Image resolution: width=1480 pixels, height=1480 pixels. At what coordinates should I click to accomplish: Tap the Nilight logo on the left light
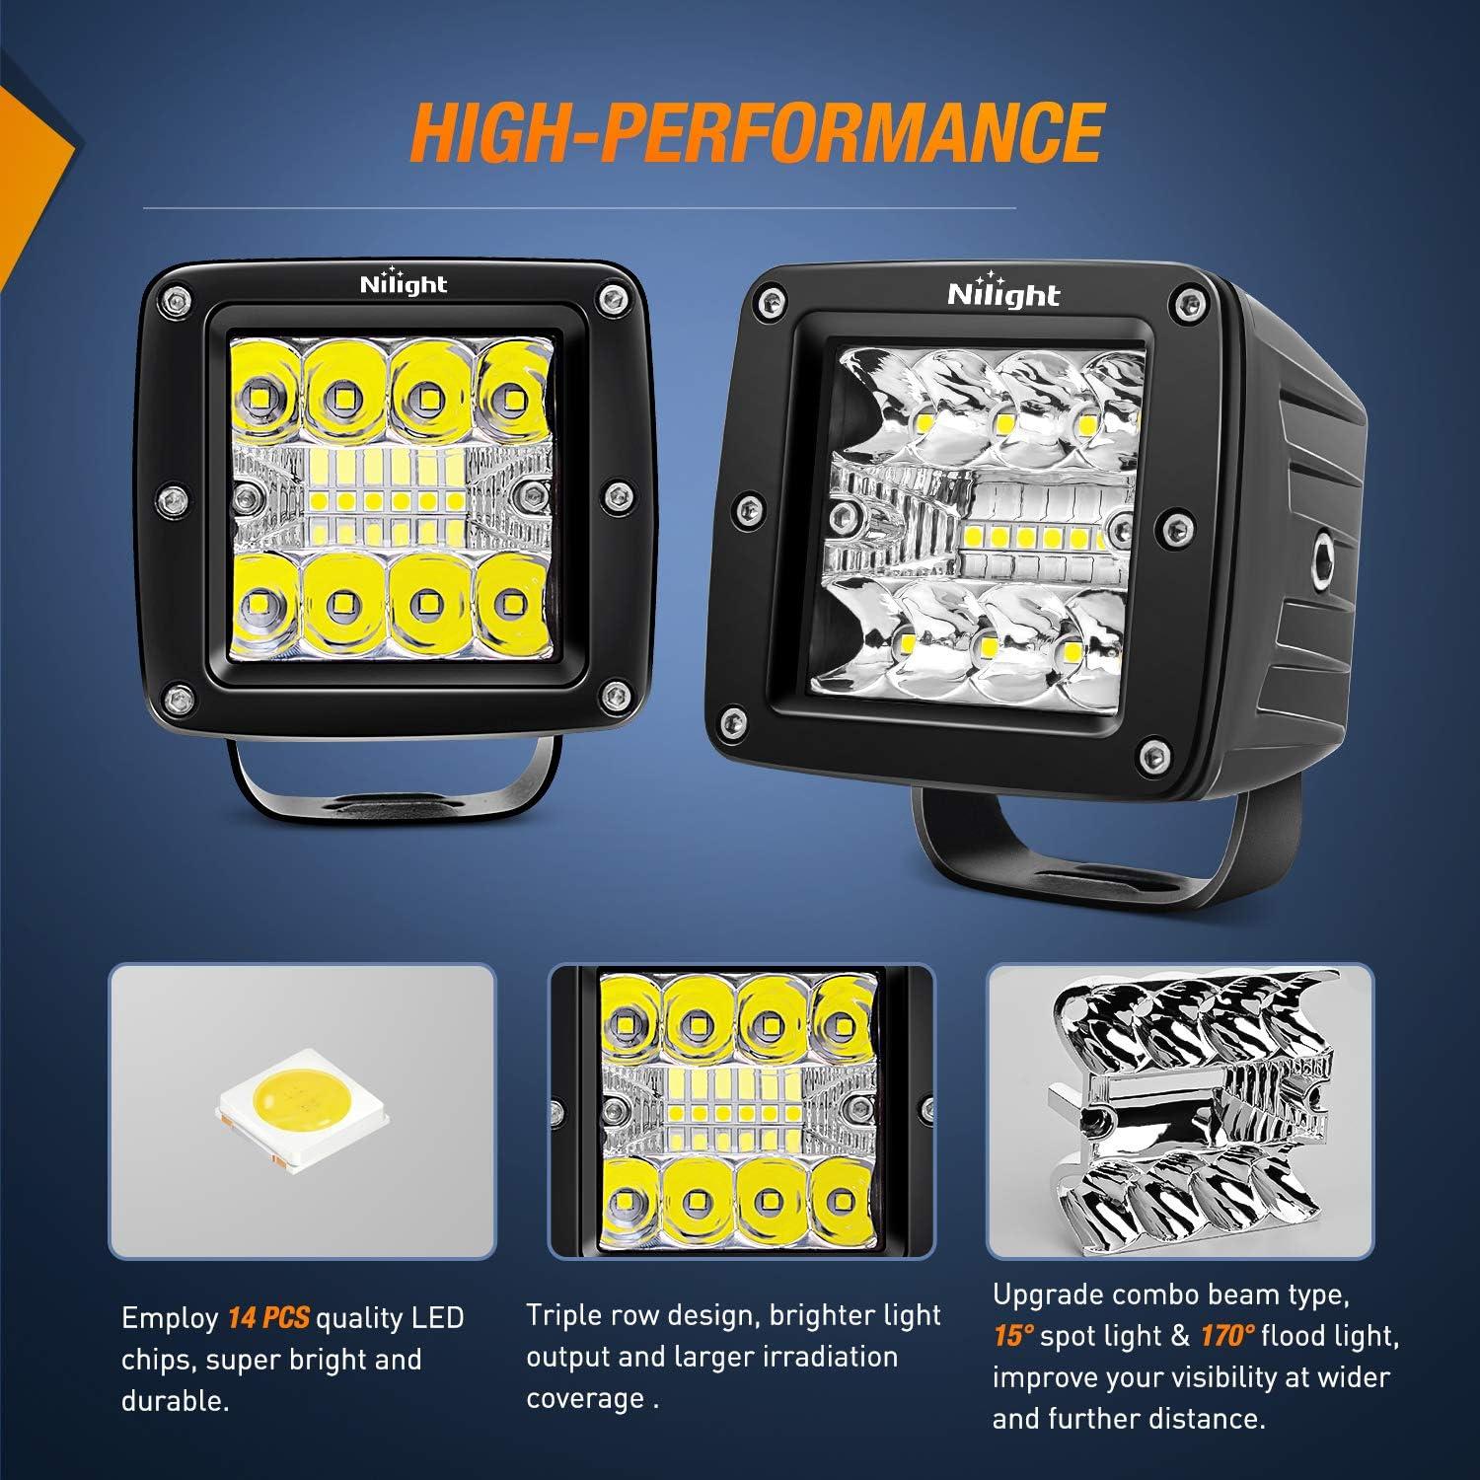[403, 284]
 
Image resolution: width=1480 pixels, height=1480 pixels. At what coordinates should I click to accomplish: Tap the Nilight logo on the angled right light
[1002, 293]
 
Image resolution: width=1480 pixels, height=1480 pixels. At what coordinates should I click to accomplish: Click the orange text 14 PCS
[268, 1317]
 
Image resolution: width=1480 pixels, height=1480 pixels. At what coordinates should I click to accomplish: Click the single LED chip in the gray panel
[300, 1112]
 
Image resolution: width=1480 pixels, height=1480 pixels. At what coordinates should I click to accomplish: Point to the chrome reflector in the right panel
[1178, 1110]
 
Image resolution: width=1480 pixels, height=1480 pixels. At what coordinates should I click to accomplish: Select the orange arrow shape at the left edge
[30, 148]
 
